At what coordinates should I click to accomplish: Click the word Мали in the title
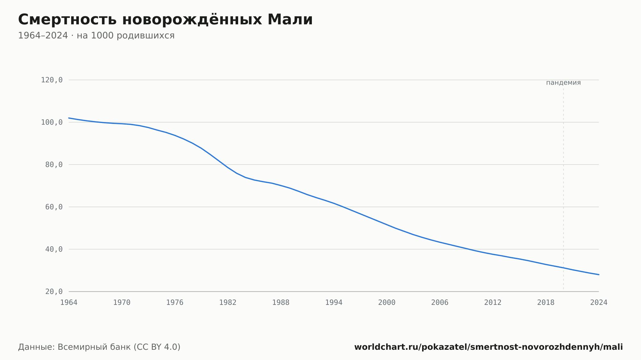click(x=290, y=20)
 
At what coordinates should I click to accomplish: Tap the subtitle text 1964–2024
click(x=43, y=36)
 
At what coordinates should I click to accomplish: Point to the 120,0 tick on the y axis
click(x=52, y=80)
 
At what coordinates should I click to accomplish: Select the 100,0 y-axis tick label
click(x=52, y=122)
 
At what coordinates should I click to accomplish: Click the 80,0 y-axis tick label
click(x=54, y=165)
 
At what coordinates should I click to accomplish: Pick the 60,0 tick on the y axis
click(x=54, y=207)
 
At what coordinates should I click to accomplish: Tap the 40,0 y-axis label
click(x=54, y=249)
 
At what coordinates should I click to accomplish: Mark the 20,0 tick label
click(x=54, y=291)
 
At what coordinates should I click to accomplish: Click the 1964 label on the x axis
click(x=69, y=303)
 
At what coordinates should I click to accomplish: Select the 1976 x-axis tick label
click(x=175, y=303)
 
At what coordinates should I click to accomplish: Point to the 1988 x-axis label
click(x=281, y=303)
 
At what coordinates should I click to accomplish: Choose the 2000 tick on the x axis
click(x=387, y=303)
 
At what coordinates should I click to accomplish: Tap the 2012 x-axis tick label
click(x=493, y=303)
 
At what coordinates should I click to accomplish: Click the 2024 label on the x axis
click(x=599, y=303)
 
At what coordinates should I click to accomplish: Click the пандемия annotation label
click(x=563, y=83)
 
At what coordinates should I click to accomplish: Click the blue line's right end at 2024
click(x=599, y=274)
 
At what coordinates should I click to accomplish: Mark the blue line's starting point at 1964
click(x=69, y=118)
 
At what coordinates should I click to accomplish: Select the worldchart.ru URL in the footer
click(x=488, y=347)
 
